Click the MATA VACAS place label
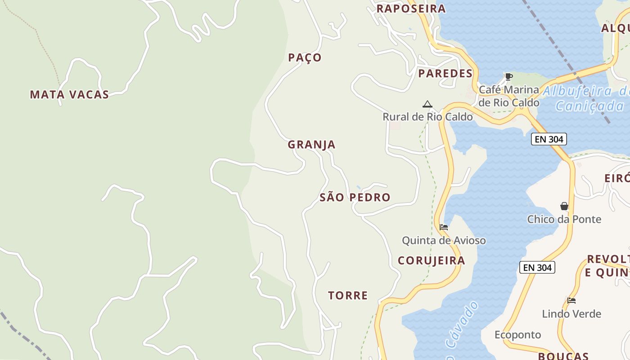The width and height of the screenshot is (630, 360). (69, 94)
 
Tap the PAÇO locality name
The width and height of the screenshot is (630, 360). (305, 58)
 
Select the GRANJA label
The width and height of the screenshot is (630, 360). (311, 144)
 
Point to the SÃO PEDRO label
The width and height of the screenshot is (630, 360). (355, 197)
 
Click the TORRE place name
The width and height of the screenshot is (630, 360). (348, 295)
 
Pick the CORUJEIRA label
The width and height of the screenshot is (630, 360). (431, 261)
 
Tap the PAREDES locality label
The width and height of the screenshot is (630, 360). (445, 73)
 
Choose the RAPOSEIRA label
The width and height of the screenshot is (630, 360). (411, 9)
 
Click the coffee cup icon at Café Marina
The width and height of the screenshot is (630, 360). (508, 76)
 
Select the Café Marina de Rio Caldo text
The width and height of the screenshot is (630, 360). (508, 96)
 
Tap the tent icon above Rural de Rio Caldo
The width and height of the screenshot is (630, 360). (427, 104)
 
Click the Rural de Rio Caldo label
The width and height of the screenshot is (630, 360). (427, 117)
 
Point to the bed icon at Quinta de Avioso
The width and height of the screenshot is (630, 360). (444, 227)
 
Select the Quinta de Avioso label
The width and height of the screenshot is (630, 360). (444, 240)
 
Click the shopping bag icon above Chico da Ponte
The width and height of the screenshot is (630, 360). (564, 206)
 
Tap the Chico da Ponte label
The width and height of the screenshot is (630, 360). (564, 219)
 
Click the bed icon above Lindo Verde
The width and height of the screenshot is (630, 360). (571, 300)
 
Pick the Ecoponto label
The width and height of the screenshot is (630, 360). (517, 335)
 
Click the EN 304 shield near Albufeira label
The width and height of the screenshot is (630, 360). (549, 139)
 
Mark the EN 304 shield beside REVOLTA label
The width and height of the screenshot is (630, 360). (537, 267)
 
